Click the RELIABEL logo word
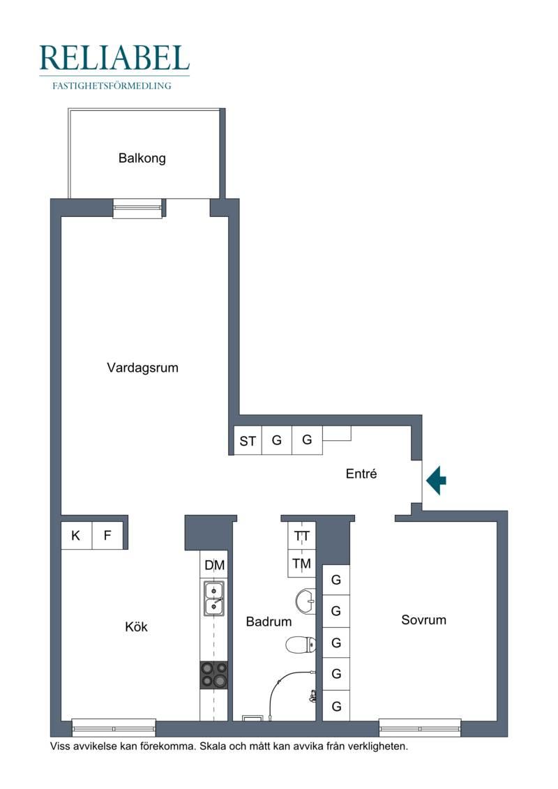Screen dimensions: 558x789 pyautogui.click(x=114, y=58)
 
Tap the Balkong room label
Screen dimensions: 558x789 pyautogui.click(x=142, y=158)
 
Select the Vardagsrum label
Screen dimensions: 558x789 pyautogui.click(x=142, y=368)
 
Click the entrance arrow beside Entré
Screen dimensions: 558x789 pyautogui.click(x=436, y=481)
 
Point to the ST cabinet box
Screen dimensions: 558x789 pyautogui.click(x=248, y=441)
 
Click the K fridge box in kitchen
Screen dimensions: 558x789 pyautogui.click(x=77, y=535)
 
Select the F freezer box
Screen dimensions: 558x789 pyautogui.click(x=107, y=535)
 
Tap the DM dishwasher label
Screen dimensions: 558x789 pyautogui.click(x=214, y=565)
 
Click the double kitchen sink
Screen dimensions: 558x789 pyautogui.click(x=214, y=599)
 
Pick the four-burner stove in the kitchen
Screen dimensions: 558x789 pyautogui.click(x=214, y=675)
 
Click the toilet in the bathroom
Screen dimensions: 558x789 pyautogui.click(x=301, y=644)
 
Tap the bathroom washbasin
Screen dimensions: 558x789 pyautogui.click(x=306, y=601)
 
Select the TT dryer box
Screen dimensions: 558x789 pyautogui.click(x=302, y=536)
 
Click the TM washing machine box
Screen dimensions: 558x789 pyautogui.click(x=302, y=564)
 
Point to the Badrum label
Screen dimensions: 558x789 pyautogui.click(x=269, y=622)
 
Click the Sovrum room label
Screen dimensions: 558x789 pyautogui.click(x=423, y=619)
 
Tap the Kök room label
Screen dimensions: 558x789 pyautogui.click(x=136, y=626)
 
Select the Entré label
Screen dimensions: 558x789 pyautogui.click(x=361, y=474)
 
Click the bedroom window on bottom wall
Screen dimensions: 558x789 pyautogui.click(x=420, y=728)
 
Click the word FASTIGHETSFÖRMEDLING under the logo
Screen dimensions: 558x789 pyautogui.click(x=112, y=86)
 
